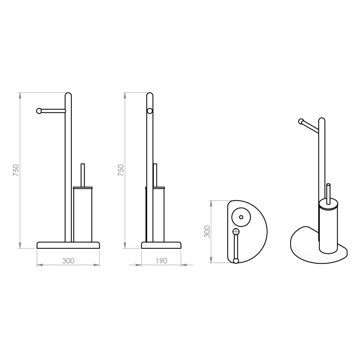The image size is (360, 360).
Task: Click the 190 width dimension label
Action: (161, 261)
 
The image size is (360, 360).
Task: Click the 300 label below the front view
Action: (68, 261)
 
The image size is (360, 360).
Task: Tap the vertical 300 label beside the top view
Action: (207, 231)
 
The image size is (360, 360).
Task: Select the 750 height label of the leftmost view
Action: (16, 170)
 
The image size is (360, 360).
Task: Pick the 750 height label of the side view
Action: (121, 170)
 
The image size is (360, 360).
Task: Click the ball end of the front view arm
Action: (39, 111)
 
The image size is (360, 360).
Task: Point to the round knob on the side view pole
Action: (150, 111)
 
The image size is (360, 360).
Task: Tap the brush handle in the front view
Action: (82, 174)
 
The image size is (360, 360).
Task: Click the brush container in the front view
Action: (82, 214)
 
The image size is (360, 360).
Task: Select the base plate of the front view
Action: (68, 245)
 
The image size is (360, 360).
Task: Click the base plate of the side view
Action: (161, 245)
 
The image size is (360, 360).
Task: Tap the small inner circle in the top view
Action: (241, 217)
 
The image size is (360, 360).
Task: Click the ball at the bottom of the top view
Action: (236, 261)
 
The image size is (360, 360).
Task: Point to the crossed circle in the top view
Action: (236, 231)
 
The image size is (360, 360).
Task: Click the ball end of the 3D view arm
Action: (301, 122)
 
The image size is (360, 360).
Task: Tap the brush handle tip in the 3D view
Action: (328, 185)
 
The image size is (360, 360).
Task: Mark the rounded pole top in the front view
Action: (68, 96)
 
